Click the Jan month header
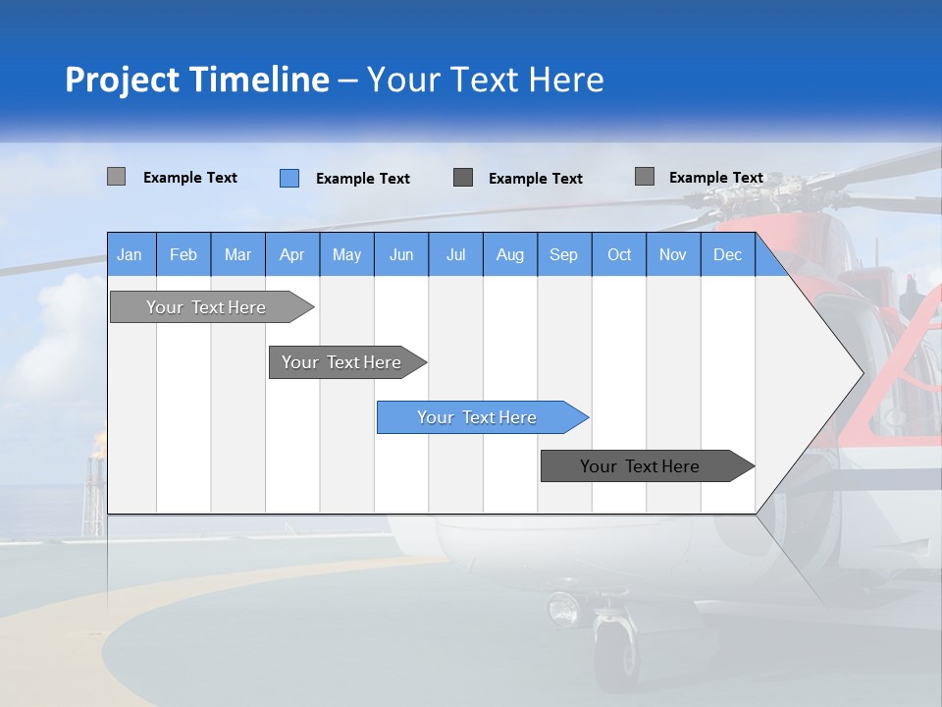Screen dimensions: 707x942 click(x=131, y=254)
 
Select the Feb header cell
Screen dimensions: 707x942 click(x=183, y=254)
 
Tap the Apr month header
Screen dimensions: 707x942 click(x=292, y=254)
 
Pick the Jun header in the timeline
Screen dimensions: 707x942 click(x=401, y=254)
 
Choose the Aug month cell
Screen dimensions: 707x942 click(x=510, y=254)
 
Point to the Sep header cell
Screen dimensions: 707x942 click(x=564, y=254)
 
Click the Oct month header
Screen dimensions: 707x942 click(x=619, y=254)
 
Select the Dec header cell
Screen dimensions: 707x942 click(x=728, y=254)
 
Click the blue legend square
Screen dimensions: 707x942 click(x=289, y=178)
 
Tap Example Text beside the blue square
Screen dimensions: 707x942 click(x=363, y=179)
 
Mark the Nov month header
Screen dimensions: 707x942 click(x=673, y=254)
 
